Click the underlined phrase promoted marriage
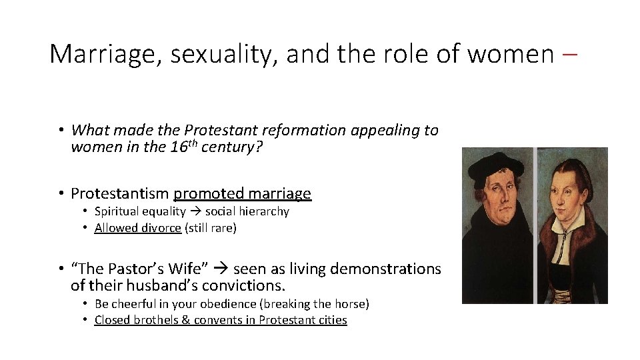(242, 194)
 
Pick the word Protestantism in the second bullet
(119, 194)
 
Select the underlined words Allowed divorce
(137, 228)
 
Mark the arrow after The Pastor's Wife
(223, 269)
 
